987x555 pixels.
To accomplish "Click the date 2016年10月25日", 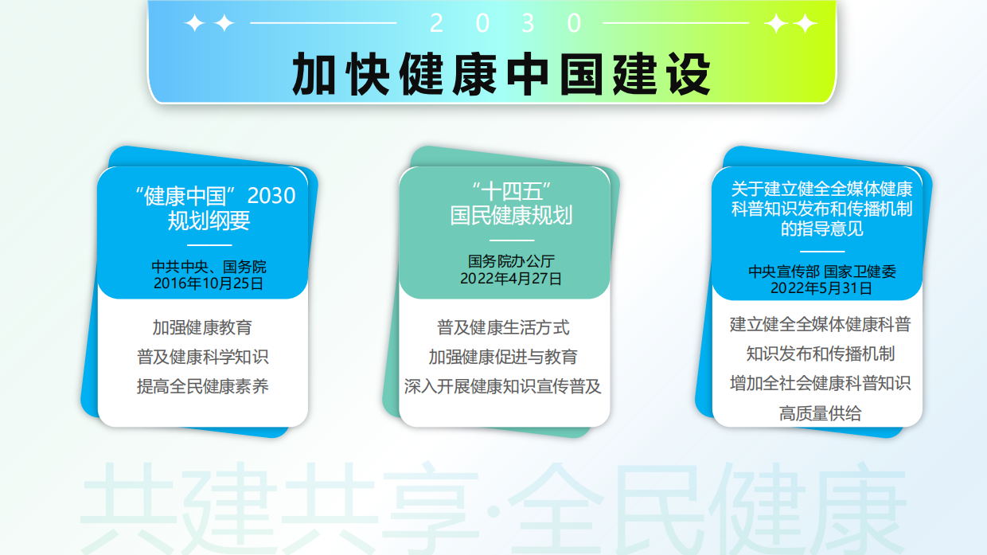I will click(209, 282).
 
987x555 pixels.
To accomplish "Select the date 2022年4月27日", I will click(510, 278).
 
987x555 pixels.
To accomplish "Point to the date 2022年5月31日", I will click(821, 287).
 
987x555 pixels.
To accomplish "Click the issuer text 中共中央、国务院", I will click(209, 267).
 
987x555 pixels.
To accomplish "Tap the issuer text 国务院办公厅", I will click(510, 261).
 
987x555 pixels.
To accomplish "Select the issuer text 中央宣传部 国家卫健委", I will click(821, 272).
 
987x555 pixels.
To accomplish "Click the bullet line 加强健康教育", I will click(202, 327).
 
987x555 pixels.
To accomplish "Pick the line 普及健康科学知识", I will click(202, 358).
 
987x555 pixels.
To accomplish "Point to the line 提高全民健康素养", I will click(202, 387).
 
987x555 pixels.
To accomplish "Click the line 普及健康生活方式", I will click(503, 327).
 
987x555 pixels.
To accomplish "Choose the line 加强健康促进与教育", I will click(503, 357).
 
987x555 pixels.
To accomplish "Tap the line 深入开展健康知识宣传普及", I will click(503, 387).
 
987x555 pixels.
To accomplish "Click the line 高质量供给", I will click(820, 413).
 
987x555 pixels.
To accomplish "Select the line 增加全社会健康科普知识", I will click(820, 383).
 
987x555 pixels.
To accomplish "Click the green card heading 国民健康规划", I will click(510, 215).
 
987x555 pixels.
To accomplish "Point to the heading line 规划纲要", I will click(209, 220).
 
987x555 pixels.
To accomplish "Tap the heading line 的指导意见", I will click(821, 229).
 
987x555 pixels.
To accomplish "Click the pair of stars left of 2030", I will click(209, 24).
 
